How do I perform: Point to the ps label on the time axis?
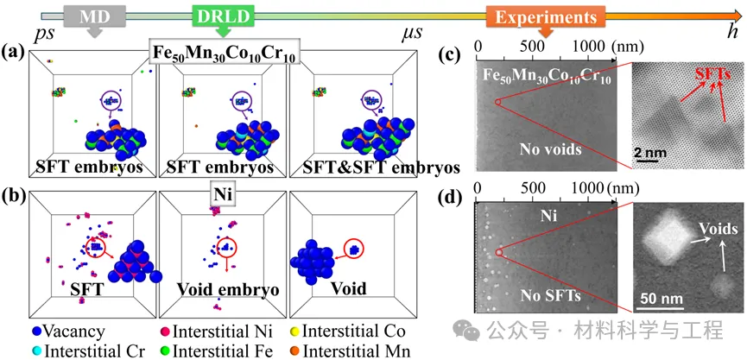tap(42, 34)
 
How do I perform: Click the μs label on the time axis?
tap(413, 34)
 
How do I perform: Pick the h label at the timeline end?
tap(731, 32)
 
